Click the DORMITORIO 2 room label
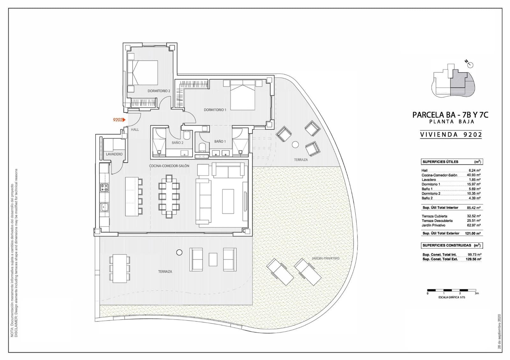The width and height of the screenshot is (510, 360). [x=159, y=91]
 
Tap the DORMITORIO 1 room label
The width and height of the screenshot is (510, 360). [x=215, y=110]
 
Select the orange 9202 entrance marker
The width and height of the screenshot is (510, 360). [x=119, y=120]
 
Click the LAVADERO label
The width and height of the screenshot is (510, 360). [x=114, y=154]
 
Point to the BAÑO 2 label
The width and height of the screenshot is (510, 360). [x=178, y=143]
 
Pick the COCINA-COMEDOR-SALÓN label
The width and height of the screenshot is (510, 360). [x=169, y=166]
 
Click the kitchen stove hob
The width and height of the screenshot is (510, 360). [x=104, y=188]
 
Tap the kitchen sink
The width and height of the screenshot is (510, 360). [x=104, y=207]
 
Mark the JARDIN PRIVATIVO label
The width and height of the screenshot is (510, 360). [x=325, y=258]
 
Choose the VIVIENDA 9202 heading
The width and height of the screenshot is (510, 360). [x=451, y=134]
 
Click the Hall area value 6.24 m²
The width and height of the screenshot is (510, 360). [x=475, y=170]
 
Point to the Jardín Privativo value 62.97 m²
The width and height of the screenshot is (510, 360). [x=475, y=225]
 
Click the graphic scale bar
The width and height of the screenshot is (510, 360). [x=452, y=290]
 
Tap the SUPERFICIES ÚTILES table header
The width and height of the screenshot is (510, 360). [x=440, y=162]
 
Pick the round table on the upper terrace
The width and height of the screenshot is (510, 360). [x=295, y=144]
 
